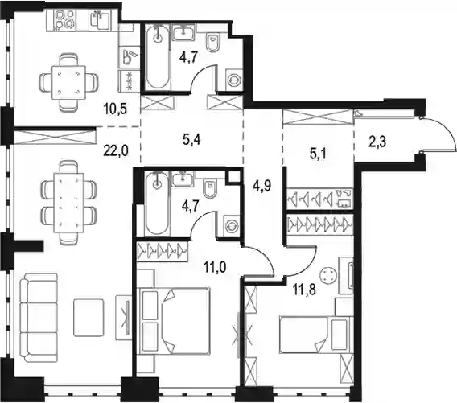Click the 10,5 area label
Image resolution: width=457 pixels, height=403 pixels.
115,109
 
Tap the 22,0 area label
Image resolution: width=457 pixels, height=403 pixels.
116,151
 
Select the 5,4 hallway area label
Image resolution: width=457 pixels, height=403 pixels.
191,140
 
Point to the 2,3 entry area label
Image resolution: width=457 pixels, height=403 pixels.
377,142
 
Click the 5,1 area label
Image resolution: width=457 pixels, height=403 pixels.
318,154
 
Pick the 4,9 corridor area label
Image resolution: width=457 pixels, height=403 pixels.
262,185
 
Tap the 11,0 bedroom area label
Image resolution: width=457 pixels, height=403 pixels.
215,267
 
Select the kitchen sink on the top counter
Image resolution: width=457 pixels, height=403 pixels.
100,20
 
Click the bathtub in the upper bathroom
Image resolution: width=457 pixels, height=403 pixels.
158,57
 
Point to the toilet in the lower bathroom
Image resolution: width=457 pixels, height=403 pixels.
211,189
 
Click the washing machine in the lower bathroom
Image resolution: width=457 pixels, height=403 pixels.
232,226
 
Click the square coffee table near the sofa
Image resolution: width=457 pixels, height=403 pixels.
89,317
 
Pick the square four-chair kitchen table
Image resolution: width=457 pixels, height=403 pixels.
68,83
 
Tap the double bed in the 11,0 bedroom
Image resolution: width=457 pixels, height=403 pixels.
175,321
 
